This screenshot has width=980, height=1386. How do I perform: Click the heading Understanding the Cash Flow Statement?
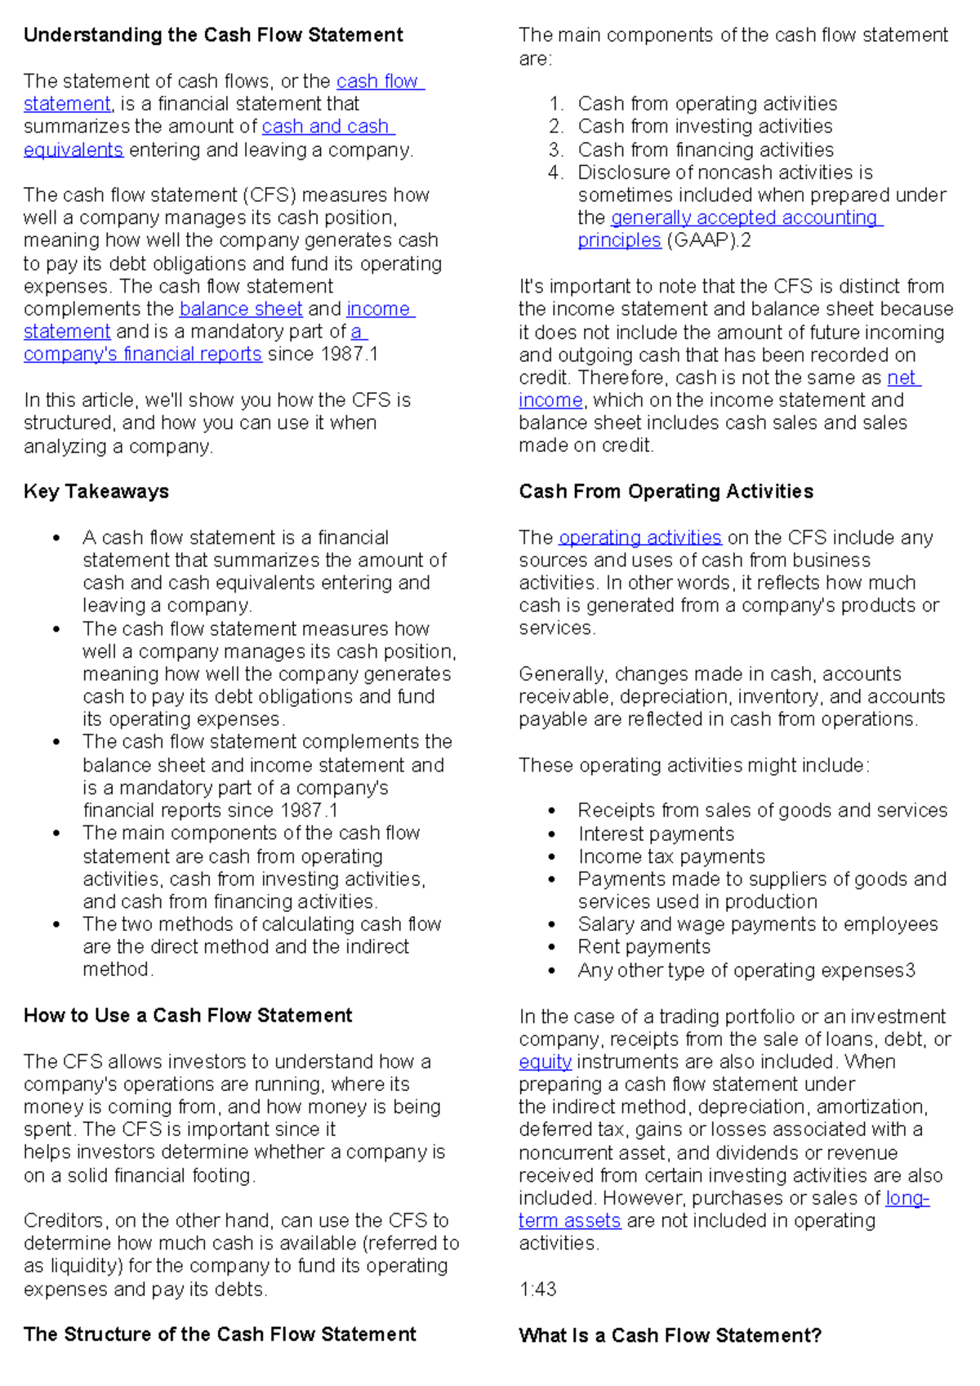pyautogui.click(x=213, y=35)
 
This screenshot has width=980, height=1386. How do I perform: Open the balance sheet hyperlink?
pyautogui.click(x=241, y=309)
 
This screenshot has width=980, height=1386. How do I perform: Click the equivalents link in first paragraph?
pyautogui.click(x=73, y=150)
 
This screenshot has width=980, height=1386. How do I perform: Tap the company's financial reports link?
pyautogui.click(x=143, y=355)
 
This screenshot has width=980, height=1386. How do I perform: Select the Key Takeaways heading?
pyautogui.click(x=96, y=491)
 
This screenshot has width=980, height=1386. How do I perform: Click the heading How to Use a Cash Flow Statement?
pyautogui.click(x=188, y=1015)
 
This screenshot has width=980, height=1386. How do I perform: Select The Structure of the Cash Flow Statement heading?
pyautogui.click(x=220, y=1335)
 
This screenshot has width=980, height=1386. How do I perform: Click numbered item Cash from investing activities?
pyautogui.click(x=705, y=127)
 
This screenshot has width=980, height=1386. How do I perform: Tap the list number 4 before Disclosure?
pyautogui.click(x=555, y=172)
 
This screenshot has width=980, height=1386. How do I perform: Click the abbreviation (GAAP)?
pyautogui.click(x=702, y=240)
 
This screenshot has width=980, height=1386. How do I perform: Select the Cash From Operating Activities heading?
pyautogui.click(x=666, y=491)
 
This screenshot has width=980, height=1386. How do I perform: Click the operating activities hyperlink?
pyautogui.click(x=639, y=538)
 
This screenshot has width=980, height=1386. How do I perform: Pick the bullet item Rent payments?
pyautogui.click(x=644, y=947)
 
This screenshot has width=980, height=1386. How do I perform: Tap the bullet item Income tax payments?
pyautogui.click(x=671, y=856)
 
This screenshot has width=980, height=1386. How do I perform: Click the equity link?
pyautogui.click(x=545, y=1062)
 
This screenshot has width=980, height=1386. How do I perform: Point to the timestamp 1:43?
pyautogui.click(x=537, y=1289)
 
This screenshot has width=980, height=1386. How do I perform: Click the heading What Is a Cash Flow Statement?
pyautogui.click(x=670, y=1335)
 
